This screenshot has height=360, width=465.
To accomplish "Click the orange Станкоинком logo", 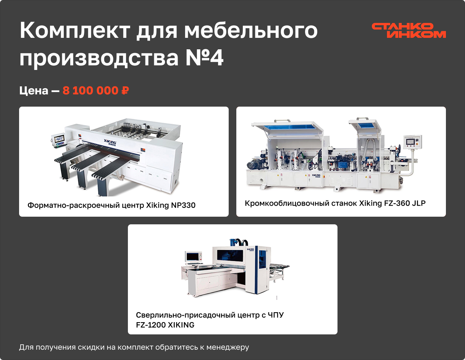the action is (x=409, y=31).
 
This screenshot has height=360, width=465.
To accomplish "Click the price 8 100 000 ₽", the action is (x=96, y=90).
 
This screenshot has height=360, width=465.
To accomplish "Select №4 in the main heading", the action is (x=204, y=57).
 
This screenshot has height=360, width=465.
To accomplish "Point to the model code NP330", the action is (x=183, y=205).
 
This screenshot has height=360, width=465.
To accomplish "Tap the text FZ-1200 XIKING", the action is (x=165, y=325).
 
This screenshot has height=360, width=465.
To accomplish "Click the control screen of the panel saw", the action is (x=59, y=138).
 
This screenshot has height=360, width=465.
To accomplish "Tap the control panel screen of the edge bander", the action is (x=411, y=142).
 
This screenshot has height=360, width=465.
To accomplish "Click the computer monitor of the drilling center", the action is (x=193, y=256).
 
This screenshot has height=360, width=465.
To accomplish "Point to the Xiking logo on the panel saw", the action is (x=110, y=142).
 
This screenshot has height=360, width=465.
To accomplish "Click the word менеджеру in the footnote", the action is (x=228, y=347).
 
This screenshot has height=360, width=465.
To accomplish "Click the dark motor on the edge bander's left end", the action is (x=253, y=165).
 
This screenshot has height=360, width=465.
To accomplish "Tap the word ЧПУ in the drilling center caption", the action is (x=276, y=315).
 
